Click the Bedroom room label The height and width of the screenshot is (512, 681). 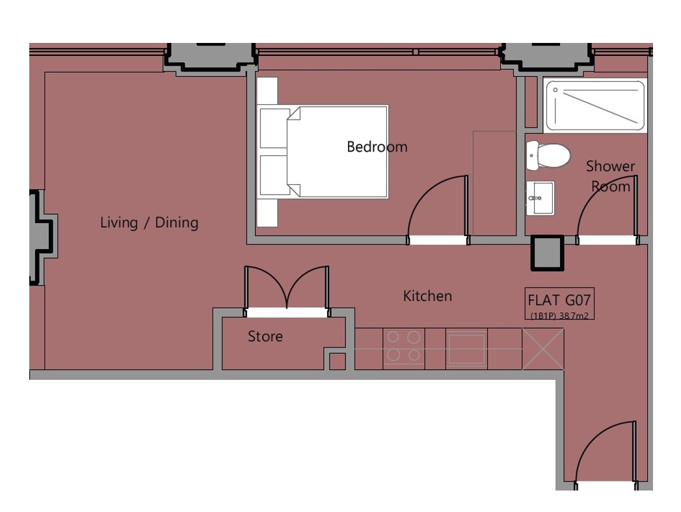[x=377, y=147]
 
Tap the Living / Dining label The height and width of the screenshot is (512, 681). [x=149, y=222]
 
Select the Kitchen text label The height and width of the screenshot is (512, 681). [x=427, y=296]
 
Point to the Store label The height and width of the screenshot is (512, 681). [x=265, y=336]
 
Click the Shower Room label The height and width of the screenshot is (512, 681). [x=610, y=176]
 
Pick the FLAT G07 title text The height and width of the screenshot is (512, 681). [x=559, y=300]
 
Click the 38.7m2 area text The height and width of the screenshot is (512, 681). [x=574, y=316]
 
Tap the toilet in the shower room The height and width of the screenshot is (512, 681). [x=548, y=155]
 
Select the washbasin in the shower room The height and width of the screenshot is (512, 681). [x=541, y=198]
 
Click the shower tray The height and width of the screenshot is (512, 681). [x=595, y=105]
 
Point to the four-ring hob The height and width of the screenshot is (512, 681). [x=403, y=346]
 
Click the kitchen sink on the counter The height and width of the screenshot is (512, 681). [x=467, y=348]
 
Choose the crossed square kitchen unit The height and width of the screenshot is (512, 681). [x=543, y=349]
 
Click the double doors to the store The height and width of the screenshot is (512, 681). [x=287, y=289]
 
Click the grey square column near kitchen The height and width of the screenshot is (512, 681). [x=547, y=252]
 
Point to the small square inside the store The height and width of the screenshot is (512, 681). [x=338, y=361]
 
